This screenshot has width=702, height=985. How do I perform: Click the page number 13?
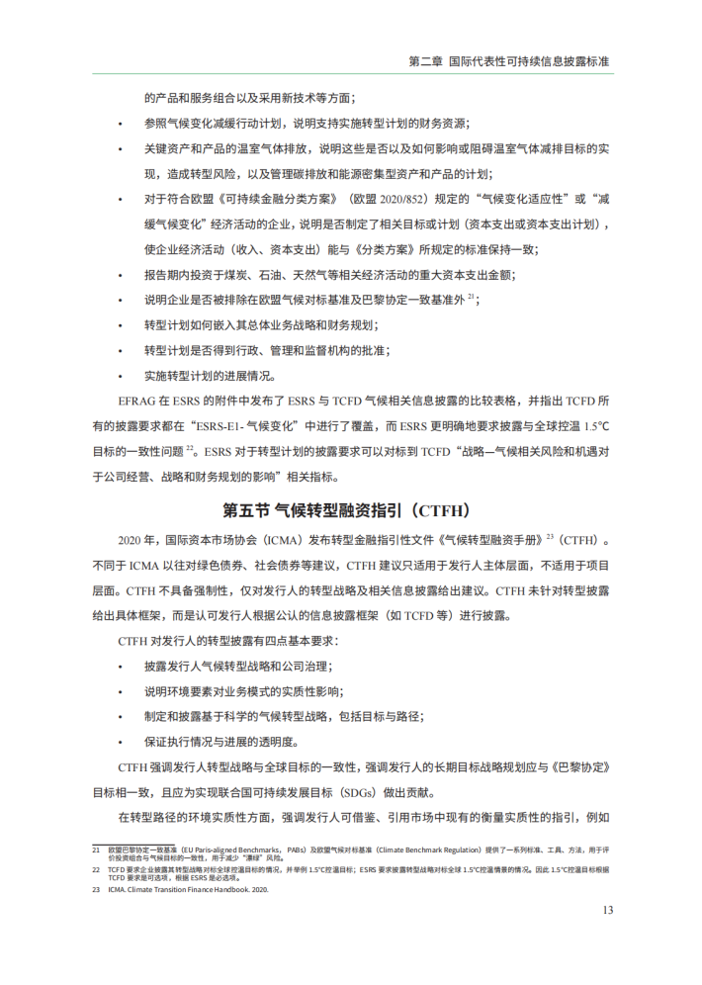(x=608, y=909)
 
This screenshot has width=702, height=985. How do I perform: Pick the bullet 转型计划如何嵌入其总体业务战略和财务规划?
(x=261, y=325)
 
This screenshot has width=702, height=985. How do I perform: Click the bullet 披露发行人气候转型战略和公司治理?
(x=240, y=666)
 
